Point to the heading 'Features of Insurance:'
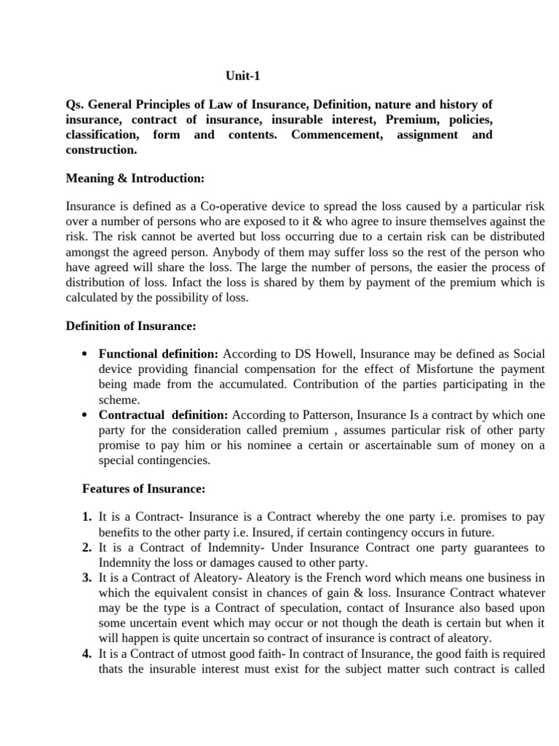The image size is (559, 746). point(143,488)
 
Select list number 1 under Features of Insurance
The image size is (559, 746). point(87,517)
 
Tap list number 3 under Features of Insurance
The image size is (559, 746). point(87,578)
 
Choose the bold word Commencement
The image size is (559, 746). point(336,135)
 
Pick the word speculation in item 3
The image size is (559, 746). point(300,609)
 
